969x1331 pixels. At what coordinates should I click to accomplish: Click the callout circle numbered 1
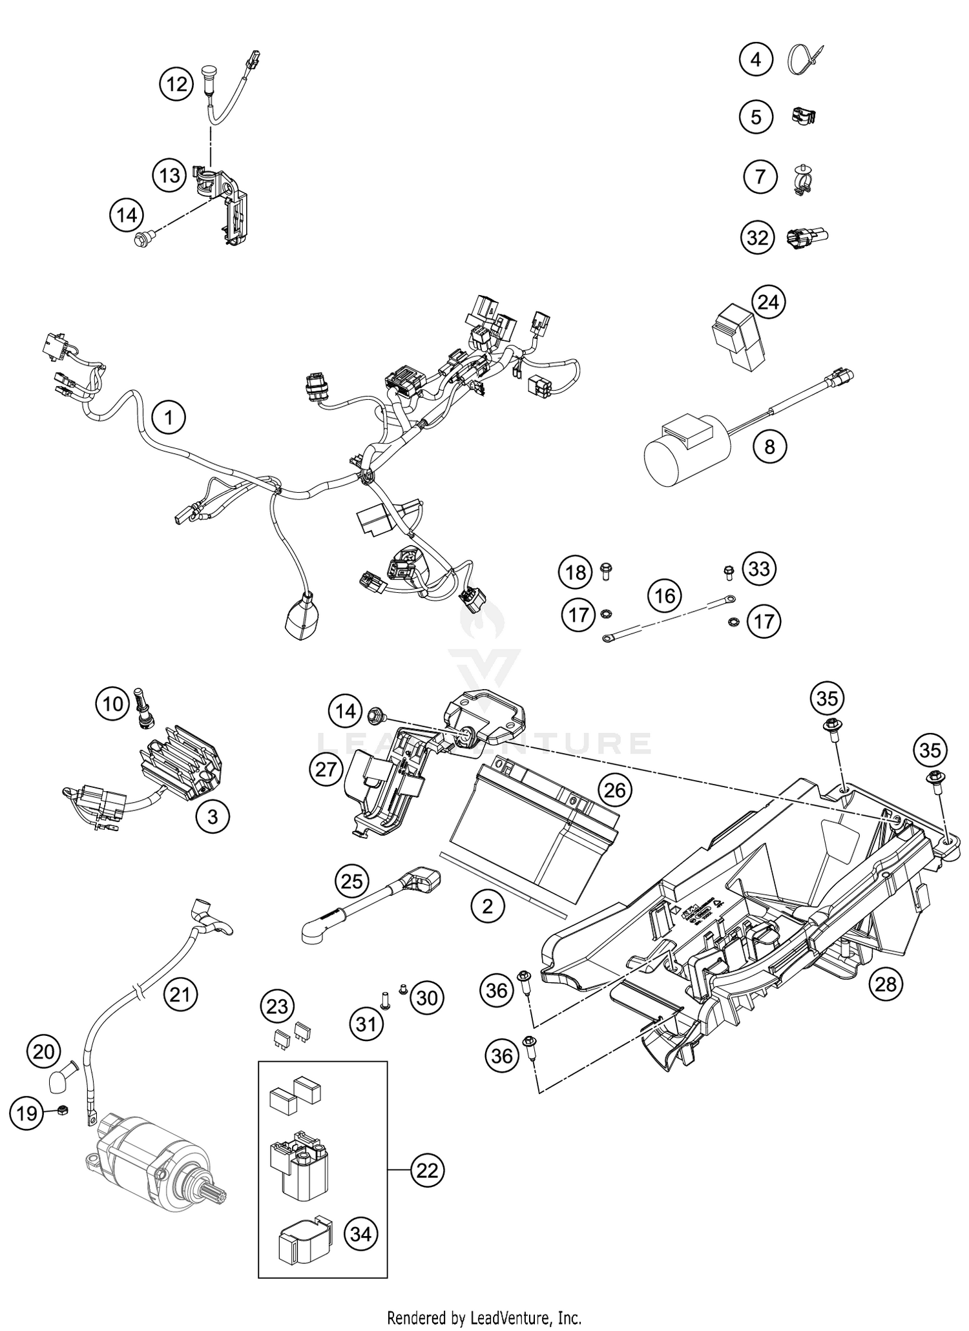(169, 418)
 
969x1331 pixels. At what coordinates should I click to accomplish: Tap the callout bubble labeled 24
(768, 302)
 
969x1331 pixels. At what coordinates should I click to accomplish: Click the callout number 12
(176, 84)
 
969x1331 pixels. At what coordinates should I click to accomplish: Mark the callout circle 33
(759, 569)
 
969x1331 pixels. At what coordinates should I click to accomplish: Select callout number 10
(114, 703)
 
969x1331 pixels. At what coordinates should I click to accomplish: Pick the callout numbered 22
(427, 1170)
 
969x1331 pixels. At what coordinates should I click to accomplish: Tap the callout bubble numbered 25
(352, 881)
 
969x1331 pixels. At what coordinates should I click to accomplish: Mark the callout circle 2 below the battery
(487, 906)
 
